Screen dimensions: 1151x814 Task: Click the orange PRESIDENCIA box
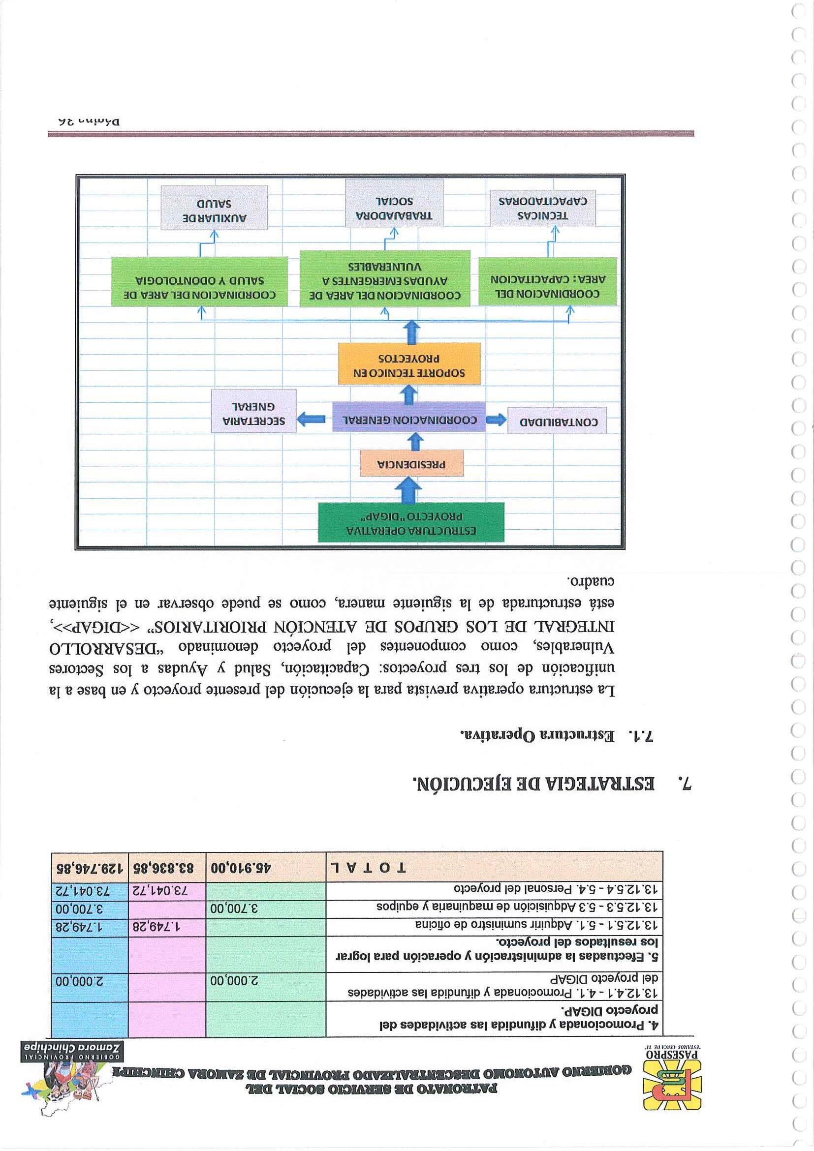pyautogui.click(x=411, y=464)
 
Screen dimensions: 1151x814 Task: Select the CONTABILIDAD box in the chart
pyautogui.click(x=557, y=421)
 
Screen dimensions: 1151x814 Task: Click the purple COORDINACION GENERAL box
pyautogui.click(x=409, y=420)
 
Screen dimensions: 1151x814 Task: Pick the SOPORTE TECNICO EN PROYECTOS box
pyautogui.click(x=409, y=365)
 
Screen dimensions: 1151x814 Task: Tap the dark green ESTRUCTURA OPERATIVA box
pyautogui.click(x=411, y=523)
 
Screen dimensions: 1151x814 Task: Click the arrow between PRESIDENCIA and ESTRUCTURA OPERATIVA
pyautogui.click(x=411, y=490)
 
